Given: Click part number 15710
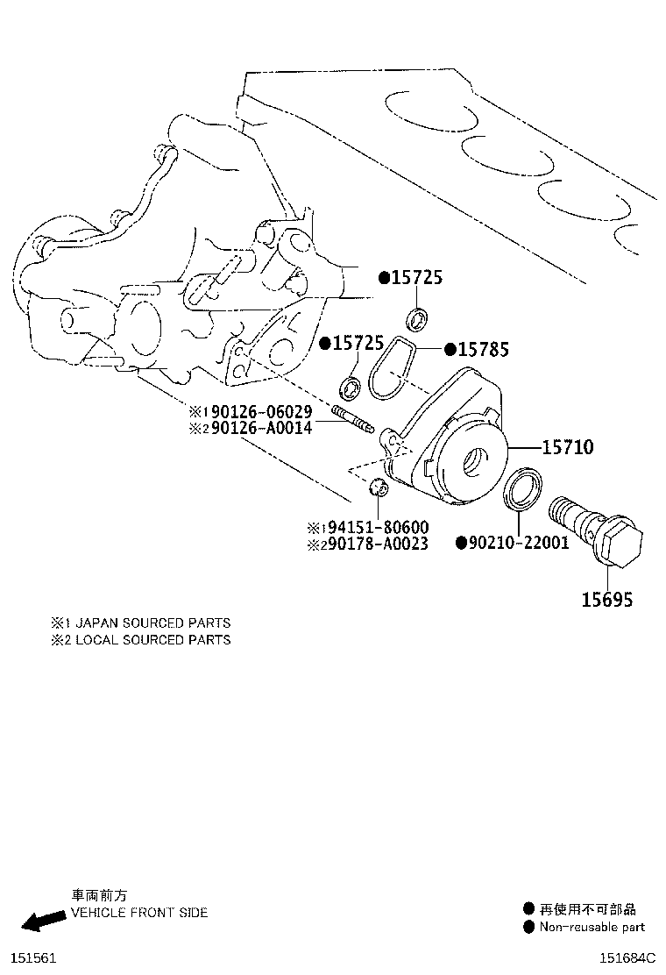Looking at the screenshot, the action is click(568, 446).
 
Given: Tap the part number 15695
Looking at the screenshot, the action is click(607, 600).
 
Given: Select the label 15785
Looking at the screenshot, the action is click(484, 350).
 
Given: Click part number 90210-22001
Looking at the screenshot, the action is click(519, 543).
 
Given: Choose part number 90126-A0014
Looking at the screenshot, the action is click(261, 427).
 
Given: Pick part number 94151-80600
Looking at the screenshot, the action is click(379, 527).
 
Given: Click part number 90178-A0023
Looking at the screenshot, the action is click(379, 544).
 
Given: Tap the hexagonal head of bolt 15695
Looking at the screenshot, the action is click(622, 544).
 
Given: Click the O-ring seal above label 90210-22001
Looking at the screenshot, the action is click(522, 491).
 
